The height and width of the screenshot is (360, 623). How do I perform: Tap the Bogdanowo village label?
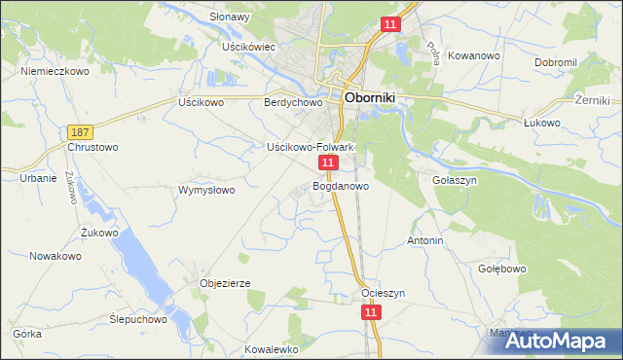tap(341, 186)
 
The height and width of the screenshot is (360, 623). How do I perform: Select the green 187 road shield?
tap(81, 131)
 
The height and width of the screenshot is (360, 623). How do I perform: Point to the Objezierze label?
tap(225, 283)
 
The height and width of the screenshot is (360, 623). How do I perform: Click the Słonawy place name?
tap(230, 17)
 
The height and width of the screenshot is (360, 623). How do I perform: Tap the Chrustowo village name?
tap(92, 147)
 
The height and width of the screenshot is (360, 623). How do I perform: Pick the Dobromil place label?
tap(556, 62)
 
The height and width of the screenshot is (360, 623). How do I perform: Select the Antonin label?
tap(424, 240)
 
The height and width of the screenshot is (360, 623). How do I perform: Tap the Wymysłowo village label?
tap(206, 190)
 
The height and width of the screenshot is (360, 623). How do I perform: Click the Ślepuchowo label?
tap(137, 319)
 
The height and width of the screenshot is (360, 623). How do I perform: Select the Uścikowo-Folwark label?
tap(310, 147)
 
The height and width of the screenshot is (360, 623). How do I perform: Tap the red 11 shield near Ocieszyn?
tap(370, 312)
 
